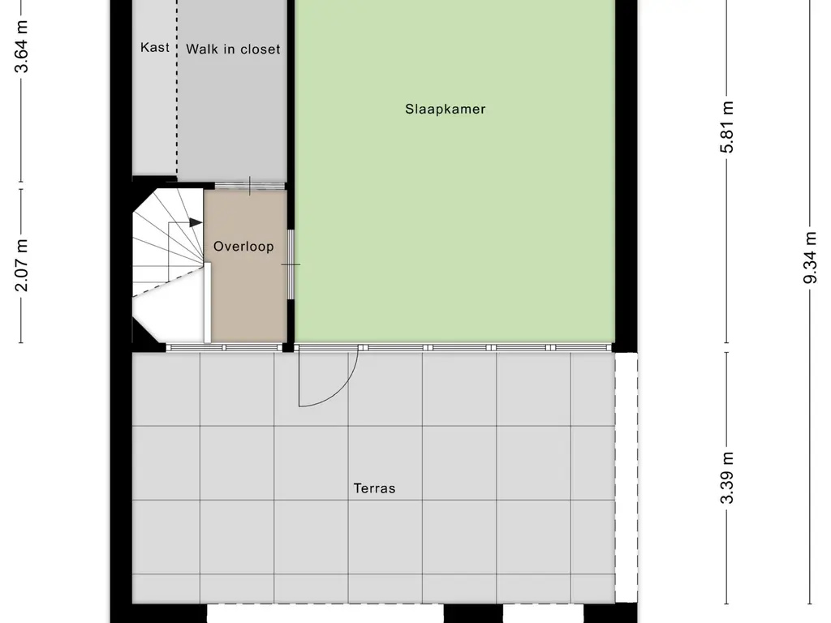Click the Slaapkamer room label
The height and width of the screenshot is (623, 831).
(446, 109)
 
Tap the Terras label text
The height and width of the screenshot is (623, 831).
(374, 488)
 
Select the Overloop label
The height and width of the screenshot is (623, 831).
(243, 247)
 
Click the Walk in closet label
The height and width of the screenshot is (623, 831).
(233, 49)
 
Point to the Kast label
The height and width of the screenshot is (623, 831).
(155, 48)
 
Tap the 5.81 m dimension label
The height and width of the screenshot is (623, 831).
(728, 127)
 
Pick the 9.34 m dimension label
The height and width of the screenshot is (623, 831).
(810, 258)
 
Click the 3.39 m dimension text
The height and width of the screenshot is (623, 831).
(728, 477)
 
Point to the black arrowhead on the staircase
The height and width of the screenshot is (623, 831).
(196, 221)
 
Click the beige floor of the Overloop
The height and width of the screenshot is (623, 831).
(248, 300)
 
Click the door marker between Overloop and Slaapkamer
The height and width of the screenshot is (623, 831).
(291, 264)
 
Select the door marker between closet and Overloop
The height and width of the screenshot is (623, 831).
(250, 185)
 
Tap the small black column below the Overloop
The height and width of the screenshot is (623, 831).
(288, 347)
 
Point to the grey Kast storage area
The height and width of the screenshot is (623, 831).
(154, 114)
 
